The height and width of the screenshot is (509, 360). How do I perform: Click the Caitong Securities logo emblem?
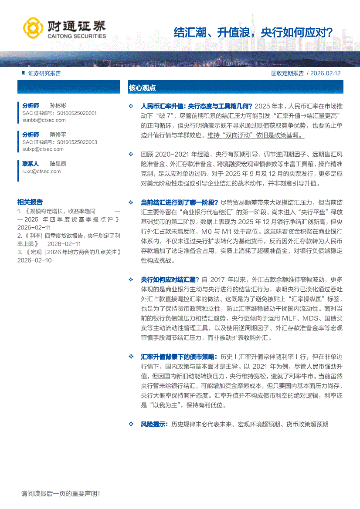pos(31,27)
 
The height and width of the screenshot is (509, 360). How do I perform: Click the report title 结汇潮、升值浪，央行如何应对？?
pos(253,32)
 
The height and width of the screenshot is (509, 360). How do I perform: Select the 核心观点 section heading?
pos(142,88)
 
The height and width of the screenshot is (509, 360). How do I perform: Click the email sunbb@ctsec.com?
pos(44,120)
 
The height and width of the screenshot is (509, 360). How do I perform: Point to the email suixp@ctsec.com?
pos(43,149)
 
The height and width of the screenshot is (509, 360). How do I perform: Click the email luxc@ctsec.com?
pos(42,171)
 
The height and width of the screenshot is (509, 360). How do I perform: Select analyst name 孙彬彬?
pos(58,106)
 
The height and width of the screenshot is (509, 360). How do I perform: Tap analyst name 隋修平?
pos(58,135)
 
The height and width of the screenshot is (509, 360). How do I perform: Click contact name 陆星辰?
pos(58,164)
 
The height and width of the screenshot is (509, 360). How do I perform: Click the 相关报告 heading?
pos(30,202)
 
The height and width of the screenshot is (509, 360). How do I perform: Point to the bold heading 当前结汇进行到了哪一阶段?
pos(179,202)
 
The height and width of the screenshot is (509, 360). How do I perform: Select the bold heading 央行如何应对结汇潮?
pos(168,280)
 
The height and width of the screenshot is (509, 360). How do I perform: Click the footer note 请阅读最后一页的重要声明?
pos(61,494)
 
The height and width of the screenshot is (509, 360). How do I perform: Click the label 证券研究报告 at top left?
pos(44,74)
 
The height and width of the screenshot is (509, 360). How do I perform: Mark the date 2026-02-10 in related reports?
pos(34,260)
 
